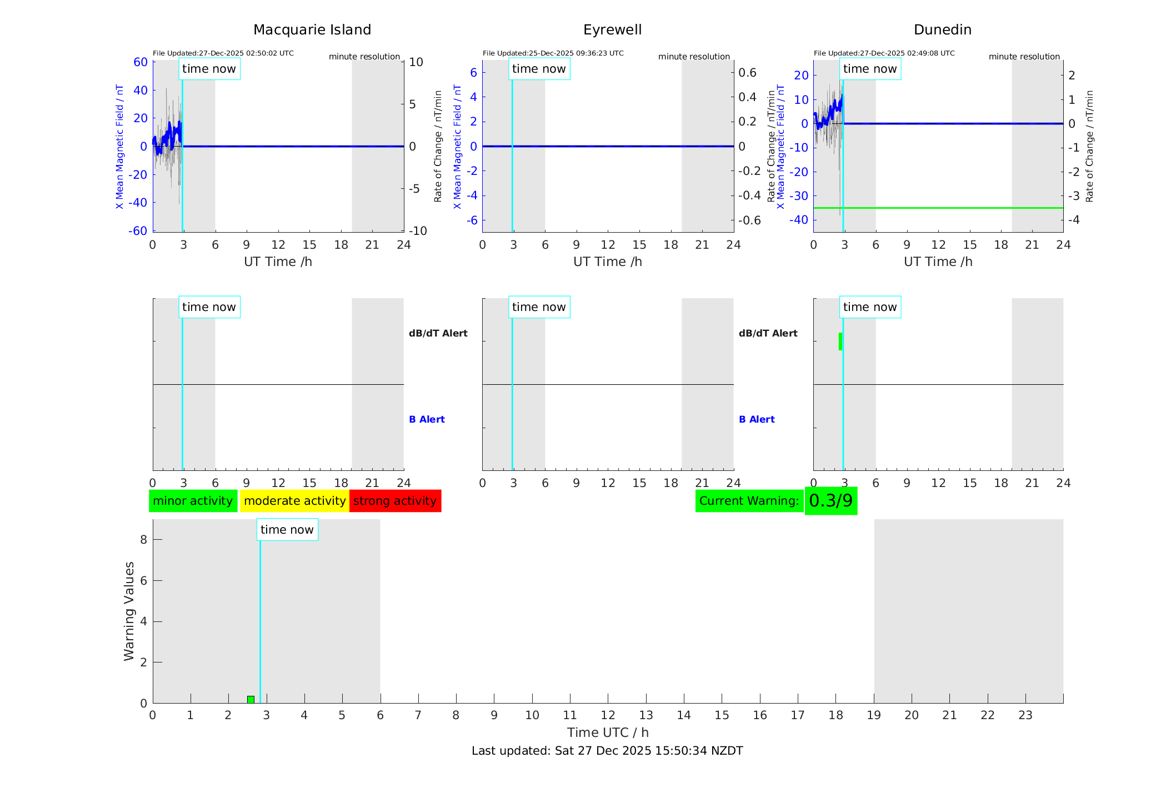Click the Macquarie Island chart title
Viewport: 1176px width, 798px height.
[312, 30]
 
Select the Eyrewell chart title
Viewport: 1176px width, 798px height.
[612, 30]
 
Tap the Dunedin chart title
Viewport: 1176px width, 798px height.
[942, 30]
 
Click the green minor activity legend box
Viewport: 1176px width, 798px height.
[193, 501]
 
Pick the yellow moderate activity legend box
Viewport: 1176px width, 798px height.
[294, 501]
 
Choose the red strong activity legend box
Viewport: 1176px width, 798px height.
[395, 501]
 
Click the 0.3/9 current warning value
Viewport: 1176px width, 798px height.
[830, 501]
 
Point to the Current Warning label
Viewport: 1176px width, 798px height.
[749, 501]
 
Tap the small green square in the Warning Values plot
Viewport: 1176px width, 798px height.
[251, 699]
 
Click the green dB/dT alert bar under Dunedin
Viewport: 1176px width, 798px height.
[840, 342]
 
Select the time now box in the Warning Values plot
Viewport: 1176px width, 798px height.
[287, 530]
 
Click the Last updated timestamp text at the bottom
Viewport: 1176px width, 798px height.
[607, 751]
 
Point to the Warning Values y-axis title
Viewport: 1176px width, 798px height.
[129, 611]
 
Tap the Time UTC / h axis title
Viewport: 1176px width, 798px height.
[608, 732]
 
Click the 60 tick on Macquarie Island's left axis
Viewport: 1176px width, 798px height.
[141, 62]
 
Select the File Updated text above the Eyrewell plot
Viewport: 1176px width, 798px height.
[553, 53]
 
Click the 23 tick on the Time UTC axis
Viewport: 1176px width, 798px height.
[1025, 715]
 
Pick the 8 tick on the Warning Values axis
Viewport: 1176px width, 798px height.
[143, 539]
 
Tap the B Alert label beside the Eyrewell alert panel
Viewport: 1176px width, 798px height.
[757, 419]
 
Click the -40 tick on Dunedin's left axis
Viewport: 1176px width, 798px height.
[800, 219]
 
